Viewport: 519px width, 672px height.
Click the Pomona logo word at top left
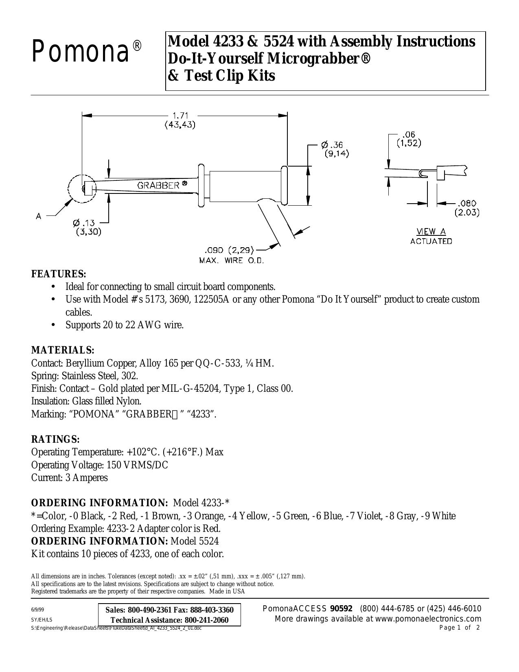click(x=80, y=52)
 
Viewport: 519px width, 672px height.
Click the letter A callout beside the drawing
click(x=38, y=217)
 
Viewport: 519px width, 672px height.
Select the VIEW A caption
click(x=431, y=231)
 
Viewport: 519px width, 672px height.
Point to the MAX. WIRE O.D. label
click(x=232, y=260)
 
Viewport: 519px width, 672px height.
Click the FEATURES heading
click(x=59, y=274)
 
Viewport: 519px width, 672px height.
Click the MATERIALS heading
click(x=63, y=350)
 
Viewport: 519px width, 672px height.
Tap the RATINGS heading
click(x=55, y=439)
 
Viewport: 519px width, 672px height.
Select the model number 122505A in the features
click(x=212, y=299)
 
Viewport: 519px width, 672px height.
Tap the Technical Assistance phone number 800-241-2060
click(x=206, y=620)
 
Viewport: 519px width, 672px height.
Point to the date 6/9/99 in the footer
click(x=37, y=610)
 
